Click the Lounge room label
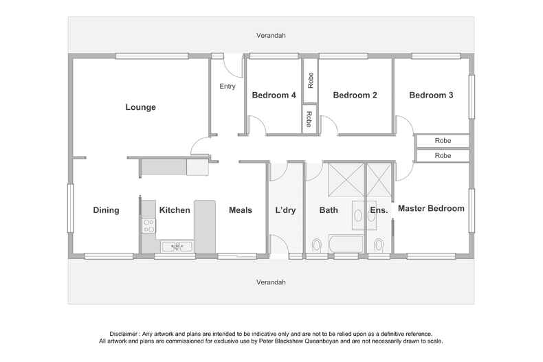140,107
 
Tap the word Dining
106,210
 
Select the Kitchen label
175,210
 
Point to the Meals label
240,210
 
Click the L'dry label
285,210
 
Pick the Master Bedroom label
431,208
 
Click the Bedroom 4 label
274,95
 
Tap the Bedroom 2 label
355,95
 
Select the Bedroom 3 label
431,95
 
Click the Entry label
228,87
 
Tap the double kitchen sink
176,245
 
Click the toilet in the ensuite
379,245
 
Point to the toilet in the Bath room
316,245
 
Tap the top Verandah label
271,36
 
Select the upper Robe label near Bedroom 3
443,141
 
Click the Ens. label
379,210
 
